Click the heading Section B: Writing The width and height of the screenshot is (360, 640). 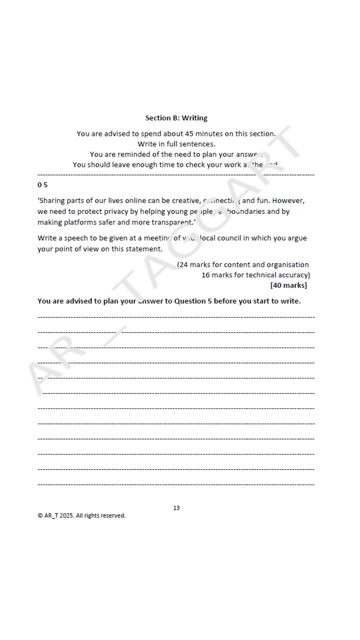pyautogui.click(x=176, y=118)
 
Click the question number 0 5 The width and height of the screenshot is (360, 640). pyautogui.click(x=42, y=185)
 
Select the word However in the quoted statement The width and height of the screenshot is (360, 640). pyautogui.click(x=288, y=200)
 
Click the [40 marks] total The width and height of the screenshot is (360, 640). pyautogui.click(x=288, y=285)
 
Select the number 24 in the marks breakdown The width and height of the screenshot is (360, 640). pyautogui.click(x=183, y=264)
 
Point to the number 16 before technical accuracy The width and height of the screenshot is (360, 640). pyautogui.click(x=205, y=275)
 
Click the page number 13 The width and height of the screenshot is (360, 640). pyautogui.click(x=176, y=508)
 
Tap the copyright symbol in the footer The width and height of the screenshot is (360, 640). pyautogui.click(x=40, y=515)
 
